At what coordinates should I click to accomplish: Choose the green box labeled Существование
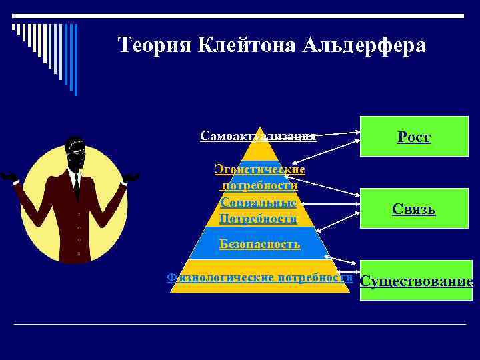click(416, 281)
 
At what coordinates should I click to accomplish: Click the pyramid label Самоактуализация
click(258, 136)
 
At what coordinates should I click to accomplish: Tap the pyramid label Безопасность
click(259, 244)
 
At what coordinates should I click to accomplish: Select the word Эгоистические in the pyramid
click(260, 169)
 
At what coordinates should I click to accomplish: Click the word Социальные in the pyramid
click(258, 202)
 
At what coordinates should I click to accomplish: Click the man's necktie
click(77, 186)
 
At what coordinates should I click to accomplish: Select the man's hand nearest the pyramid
click(131, 177)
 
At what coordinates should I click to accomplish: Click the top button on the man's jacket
click(79, 215)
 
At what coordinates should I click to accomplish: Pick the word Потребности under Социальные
click(258, 219)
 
